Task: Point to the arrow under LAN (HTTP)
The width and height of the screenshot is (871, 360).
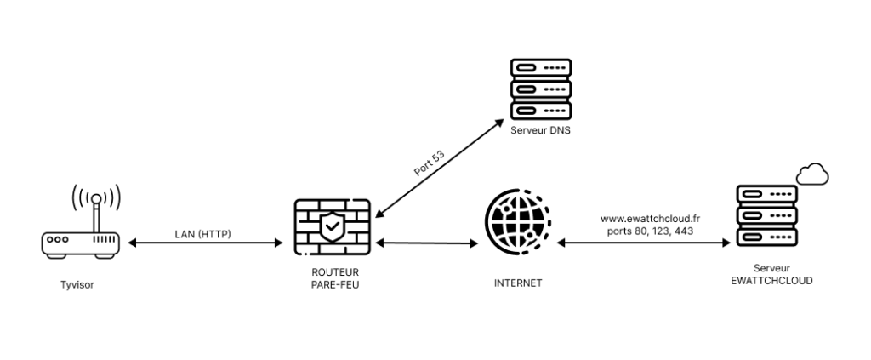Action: point(204,243)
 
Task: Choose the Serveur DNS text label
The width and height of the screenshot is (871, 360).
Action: point(539,130)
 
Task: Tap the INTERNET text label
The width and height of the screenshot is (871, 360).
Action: point(517,283)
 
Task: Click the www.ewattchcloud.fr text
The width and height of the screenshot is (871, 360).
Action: point(645,218)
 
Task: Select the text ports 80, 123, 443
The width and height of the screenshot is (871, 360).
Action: point(645,231)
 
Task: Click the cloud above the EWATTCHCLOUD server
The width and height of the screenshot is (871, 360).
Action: point(813,174)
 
